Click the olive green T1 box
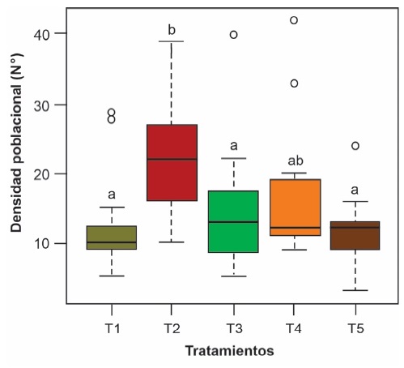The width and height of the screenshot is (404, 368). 112,237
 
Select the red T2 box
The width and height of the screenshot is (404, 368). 172,162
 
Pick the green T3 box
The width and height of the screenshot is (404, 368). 233,221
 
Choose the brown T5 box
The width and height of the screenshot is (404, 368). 355,235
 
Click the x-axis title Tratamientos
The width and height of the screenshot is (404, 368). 229,352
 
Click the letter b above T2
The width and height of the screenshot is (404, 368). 172,30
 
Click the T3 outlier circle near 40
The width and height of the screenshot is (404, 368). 233,35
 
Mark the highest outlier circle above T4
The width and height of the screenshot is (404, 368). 294,20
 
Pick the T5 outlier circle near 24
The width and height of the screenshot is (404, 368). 355,146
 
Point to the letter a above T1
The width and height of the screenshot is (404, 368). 112,195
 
